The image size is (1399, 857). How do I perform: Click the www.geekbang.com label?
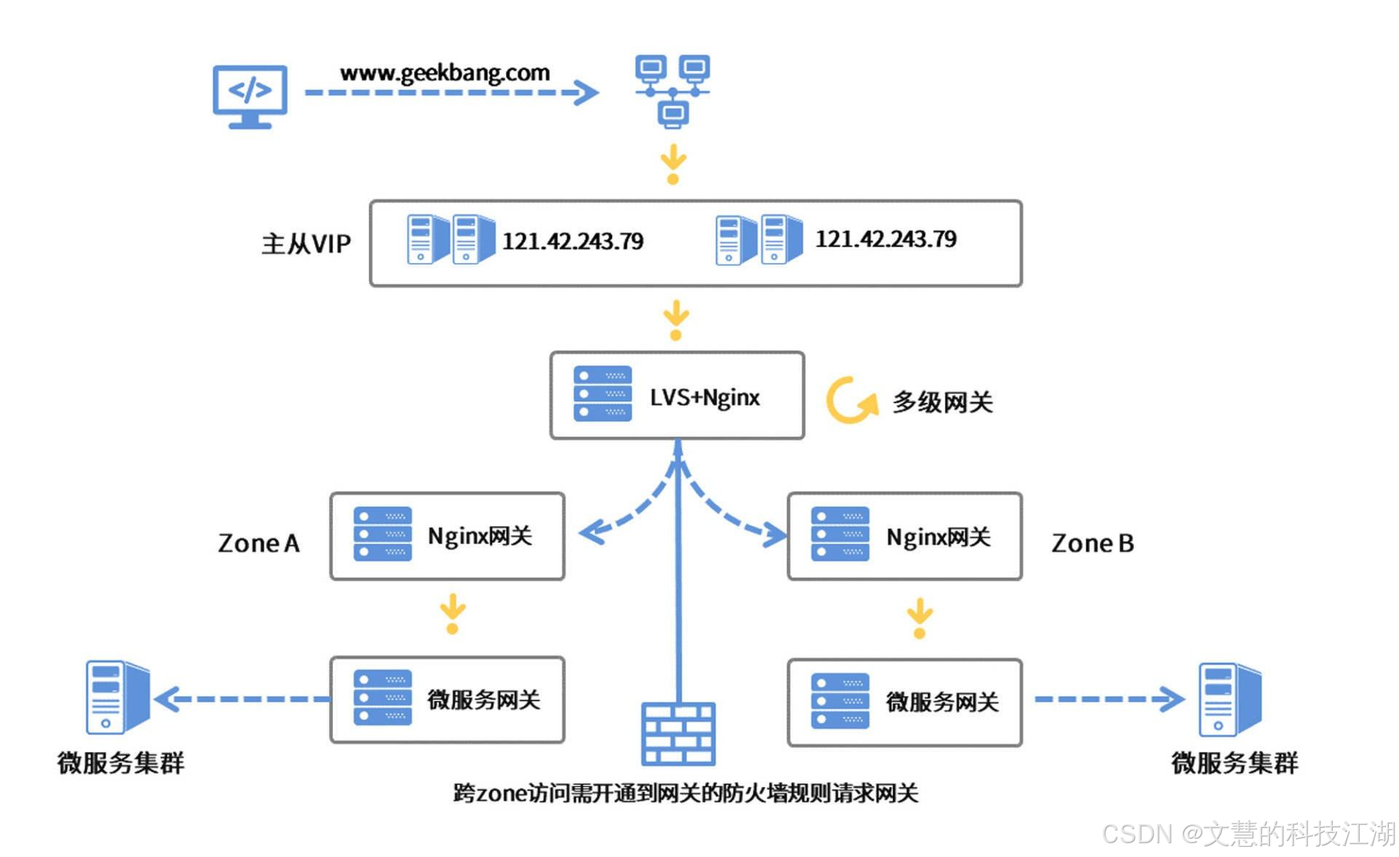(x=444, y=73)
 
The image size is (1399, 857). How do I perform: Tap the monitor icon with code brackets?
(x=250, y=97)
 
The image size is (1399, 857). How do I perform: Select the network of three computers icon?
(x=673, y=91)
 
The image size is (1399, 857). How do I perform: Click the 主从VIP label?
(x=306, y=243)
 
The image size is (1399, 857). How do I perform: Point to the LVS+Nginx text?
(x=705, y=398)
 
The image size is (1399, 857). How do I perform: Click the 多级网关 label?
(x=943, y=402)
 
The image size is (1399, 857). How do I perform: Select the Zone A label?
(x=259, y=544)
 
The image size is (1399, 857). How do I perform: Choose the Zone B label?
(x=1092, y=544)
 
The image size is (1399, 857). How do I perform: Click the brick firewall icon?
(x=678, y=734)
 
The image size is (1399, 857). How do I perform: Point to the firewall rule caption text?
(x=686, y=793)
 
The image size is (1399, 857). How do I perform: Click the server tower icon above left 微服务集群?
(x=117, y=697)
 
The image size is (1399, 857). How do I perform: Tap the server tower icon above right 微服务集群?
(x=1230, y=700)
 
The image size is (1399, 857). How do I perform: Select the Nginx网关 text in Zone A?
(x=480, y=536)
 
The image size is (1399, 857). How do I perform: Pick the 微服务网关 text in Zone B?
(x=942, y=702)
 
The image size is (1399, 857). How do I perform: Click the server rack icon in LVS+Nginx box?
(x=603, y=394)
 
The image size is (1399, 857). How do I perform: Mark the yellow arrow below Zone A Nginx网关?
(x=452, y=614)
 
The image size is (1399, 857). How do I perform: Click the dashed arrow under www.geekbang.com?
(x=452, y=93)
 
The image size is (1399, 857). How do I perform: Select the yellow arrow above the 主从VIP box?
(x=673, y=164)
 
